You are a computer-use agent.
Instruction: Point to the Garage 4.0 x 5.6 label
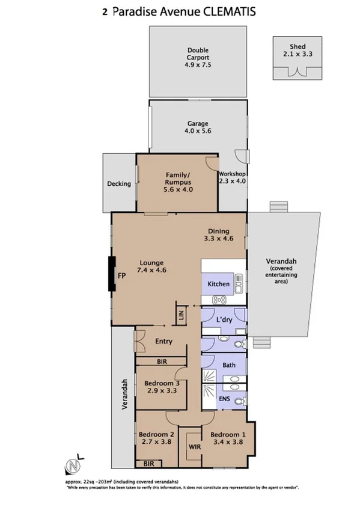click(198, 127)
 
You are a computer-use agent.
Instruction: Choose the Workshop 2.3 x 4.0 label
click(232, 177)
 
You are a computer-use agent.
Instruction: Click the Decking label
click(118, 184)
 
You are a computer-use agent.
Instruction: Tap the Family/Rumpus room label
click(177, 182)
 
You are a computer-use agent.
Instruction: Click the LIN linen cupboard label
click(180, 315)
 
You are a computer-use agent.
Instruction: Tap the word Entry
click(163, 342)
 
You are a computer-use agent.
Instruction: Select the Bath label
click(229, 365)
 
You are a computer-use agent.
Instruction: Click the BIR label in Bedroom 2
click(148, 464)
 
